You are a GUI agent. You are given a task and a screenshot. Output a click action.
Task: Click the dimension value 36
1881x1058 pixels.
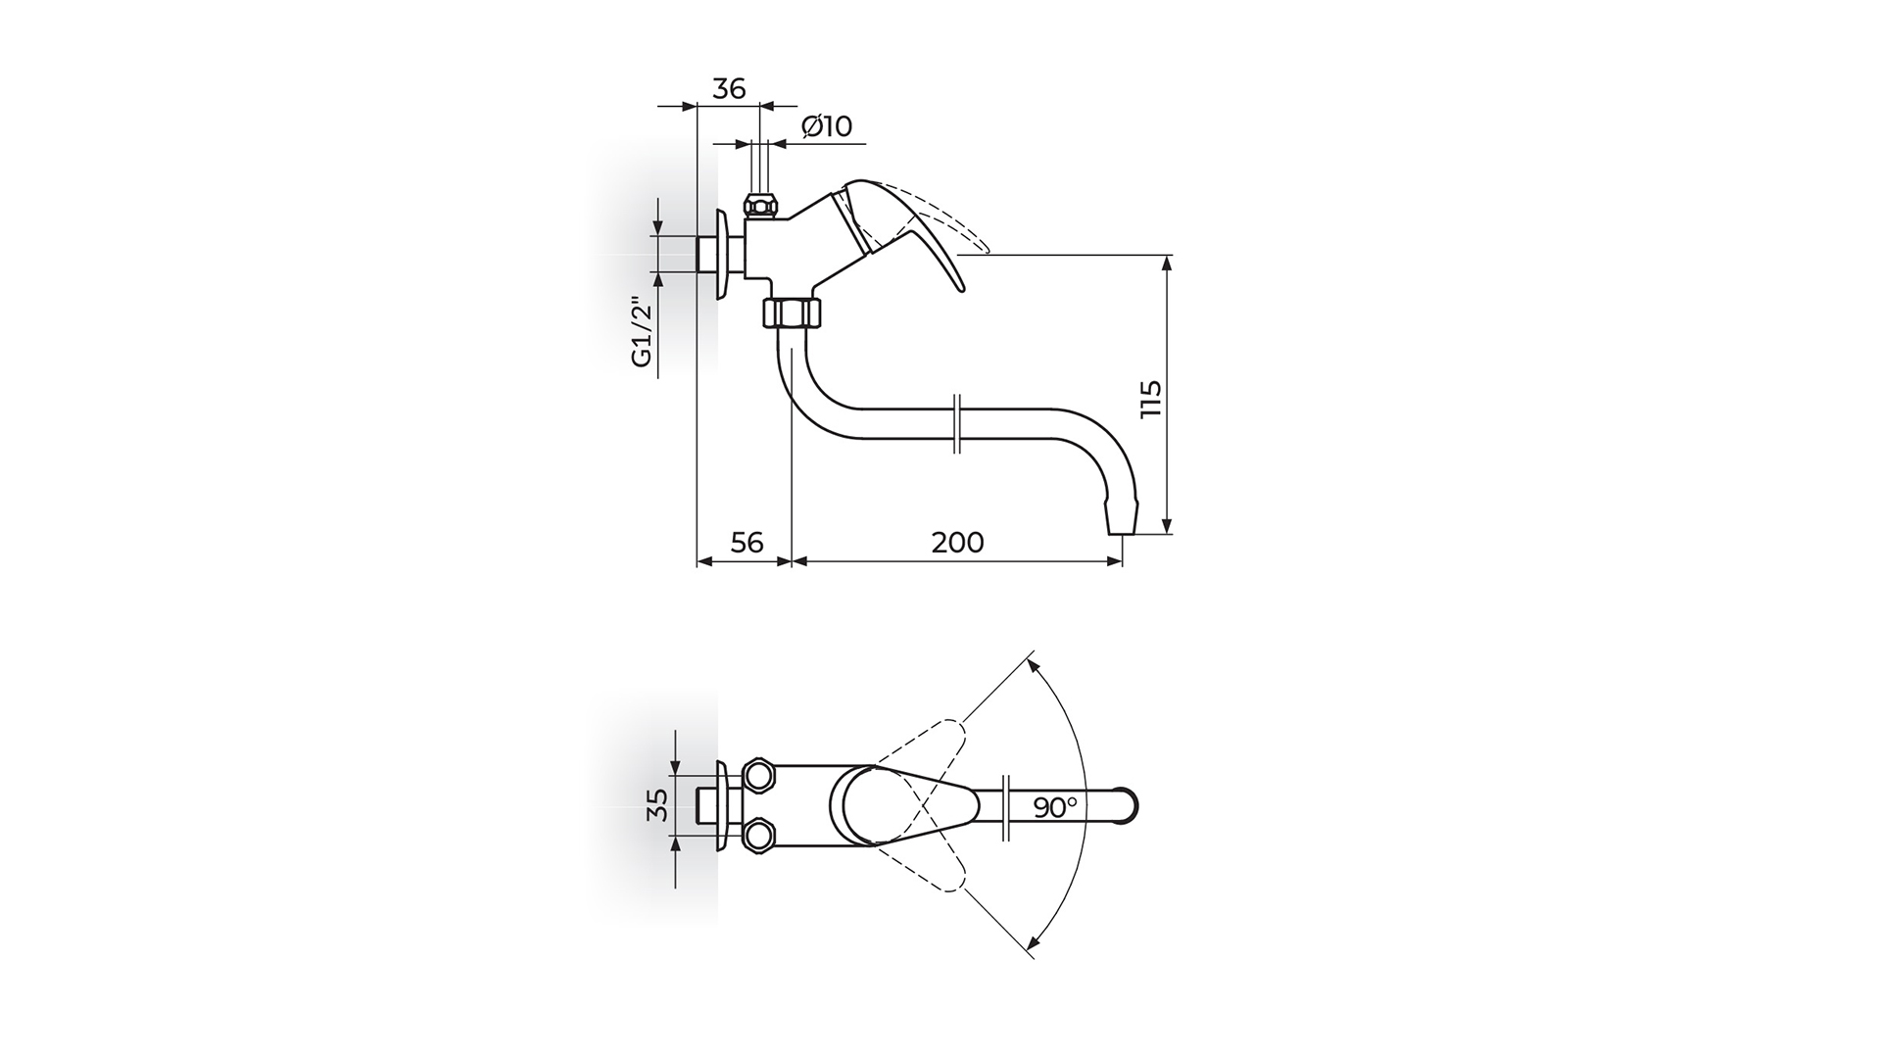click(728, 88)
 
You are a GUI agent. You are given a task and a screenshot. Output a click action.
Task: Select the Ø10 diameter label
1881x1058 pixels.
click(827, 126)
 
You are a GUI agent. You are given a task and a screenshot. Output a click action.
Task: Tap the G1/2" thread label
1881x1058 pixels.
click(642, 331)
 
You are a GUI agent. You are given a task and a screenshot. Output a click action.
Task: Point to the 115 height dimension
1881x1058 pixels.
click(1151, 399)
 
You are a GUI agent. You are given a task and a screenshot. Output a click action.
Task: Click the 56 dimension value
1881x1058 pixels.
click(747, 542)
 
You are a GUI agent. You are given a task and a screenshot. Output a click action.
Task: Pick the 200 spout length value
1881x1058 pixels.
click(957, 542)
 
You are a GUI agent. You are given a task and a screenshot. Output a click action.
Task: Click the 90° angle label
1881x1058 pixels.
click(1055, 807)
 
